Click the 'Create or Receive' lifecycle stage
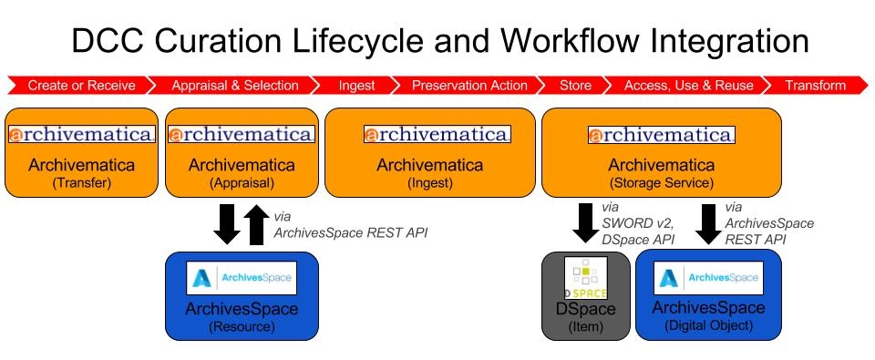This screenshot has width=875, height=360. [81, 86]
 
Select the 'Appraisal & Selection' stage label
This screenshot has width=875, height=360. [234, 86]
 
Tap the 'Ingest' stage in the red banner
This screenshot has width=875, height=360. [355, 86]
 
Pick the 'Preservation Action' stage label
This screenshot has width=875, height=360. [469, 86]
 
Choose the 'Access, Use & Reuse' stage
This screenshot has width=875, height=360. [688, 86]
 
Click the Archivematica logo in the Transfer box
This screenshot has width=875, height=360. [82, 135]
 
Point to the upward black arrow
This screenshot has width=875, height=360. [256, 225]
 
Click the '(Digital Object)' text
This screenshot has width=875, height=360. [707, 325]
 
